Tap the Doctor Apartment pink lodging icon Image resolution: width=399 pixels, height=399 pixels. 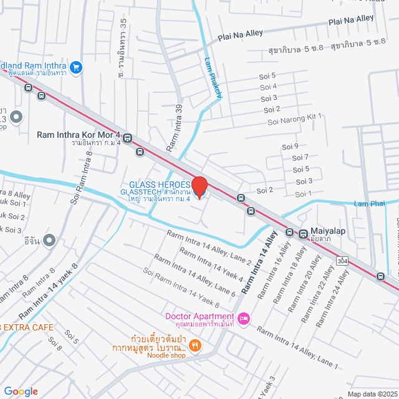point(244,319)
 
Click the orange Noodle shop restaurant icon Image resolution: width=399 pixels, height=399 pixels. point(195,345)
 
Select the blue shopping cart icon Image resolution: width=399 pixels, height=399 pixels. point(76,67)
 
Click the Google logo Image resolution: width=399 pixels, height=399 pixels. point(21,391)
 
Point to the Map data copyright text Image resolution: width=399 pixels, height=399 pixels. point(372,393)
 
